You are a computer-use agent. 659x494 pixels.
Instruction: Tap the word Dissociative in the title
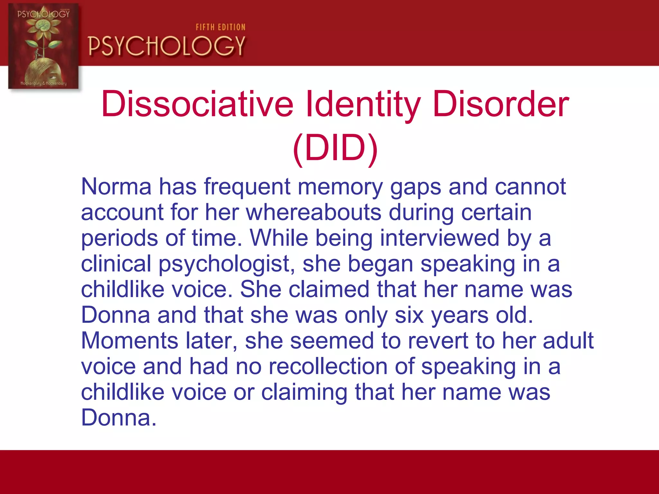[197, 104]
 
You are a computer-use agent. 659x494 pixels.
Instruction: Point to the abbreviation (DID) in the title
[335, 148]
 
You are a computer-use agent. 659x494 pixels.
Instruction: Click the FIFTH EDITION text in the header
[221, 27]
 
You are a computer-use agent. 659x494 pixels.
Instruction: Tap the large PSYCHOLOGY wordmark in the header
[167, 46]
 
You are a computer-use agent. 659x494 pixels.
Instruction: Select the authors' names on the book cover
[44, 83]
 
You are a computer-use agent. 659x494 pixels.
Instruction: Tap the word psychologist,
[227, 264]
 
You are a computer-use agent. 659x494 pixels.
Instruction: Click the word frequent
[247, 187]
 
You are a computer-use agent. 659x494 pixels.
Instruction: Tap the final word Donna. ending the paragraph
[119, 418]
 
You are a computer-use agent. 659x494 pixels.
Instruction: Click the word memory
[340, 187]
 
